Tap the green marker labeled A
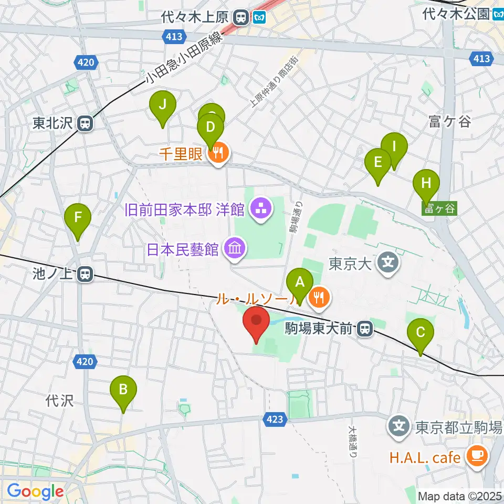click(x=300, y=283)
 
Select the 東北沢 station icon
click(x=84, y=124)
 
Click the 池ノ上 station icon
click(x=84, y=274)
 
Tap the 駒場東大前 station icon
click(x=364, y=329)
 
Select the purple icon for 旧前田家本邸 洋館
click(x=260, y=209)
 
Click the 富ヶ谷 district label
click(x=449, y=122)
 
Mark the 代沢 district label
click(x=59, y=401)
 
